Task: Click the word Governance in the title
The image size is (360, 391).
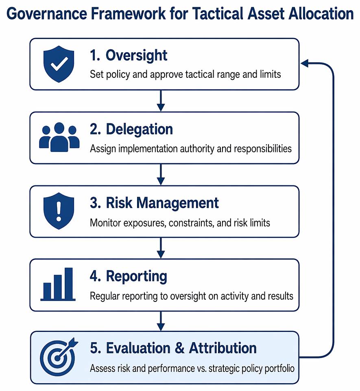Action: click(x=47, y=14)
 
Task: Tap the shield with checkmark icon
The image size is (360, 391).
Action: click(x=59, y=64)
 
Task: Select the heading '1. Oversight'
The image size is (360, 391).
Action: click(x=129, y=55)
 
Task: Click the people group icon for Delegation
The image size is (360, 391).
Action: click(x=59, y=137)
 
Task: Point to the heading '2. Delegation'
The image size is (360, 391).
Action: click(x=131, y=130)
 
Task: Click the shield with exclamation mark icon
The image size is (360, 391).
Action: click(x=59, y=211)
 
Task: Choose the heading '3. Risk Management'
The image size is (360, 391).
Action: click(x=154, y=203)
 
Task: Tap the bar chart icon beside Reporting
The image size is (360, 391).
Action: click(x=58, y=284)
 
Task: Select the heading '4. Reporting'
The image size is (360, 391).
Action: click(x=129, y=277)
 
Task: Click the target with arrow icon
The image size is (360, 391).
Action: click(x=59, y=357)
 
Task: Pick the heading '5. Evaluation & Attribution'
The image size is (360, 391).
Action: click(x=173, y=348)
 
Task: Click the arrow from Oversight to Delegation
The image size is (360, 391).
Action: click(x=161, y=101)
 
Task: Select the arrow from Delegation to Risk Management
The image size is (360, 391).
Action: click(x=161, y=175)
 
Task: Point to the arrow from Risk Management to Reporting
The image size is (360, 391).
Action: click(x=161, y=248)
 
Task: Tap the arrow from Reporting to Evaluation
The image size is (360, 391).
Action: click(x=161, y=321)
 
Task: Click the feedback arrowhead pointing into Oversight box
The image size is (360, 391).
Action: click(x=305, y=64)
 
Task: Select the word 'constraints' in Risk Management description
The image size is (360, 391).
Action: click(x=192, y=223)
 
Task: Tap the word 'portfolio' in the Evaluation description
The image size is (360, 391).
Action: click(x=279, y=369)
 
